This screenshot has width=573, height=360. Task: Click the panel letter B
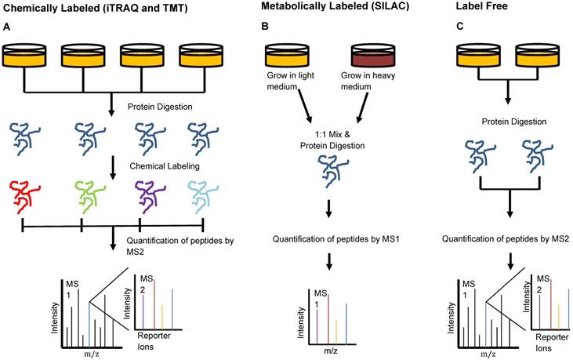coord(264,27)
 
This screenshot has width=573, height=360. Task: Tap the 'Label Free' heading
coord(484,9)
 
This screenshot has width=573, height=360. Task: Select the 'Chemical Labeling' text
coord(162,165)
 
